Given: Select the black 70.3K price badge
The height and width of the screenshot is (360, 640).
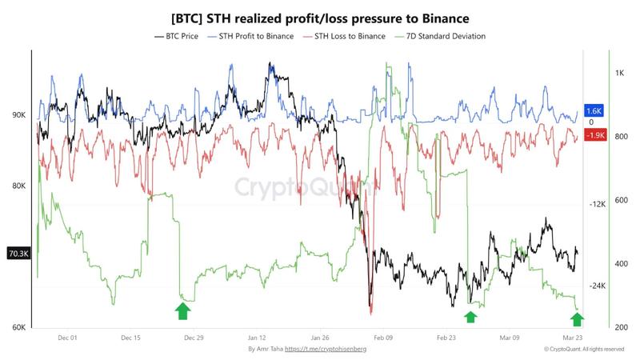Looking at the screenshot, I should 18,254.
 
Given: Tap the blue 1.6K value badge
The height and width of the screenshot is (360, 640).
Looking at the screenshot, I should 594,110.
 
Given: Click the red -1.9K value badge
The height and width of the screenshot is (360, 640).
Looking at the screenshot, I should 594,135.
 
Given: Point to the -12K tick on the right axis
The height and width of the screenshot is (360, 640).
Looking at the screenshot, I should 595,204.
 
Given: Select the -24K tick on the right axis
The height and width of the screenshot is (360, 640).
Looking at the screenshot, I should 595,286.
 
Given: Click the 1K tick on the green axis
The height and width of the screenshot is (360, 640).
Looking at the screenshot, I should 620,74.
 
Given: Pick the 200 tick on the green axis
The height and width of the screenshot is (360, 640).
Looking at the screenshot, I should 621,326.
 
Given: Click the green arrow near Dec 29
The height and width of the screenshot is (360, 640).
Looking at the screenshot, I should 183,311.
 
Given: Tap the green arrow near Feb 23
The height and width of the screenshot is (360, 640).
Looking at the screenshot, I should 470,316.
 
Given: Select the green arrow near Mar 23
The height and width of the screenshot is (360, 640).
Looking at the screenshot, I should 576,319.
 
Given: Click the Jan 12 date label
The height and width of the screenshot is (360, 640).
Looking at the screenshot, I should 257,338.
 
